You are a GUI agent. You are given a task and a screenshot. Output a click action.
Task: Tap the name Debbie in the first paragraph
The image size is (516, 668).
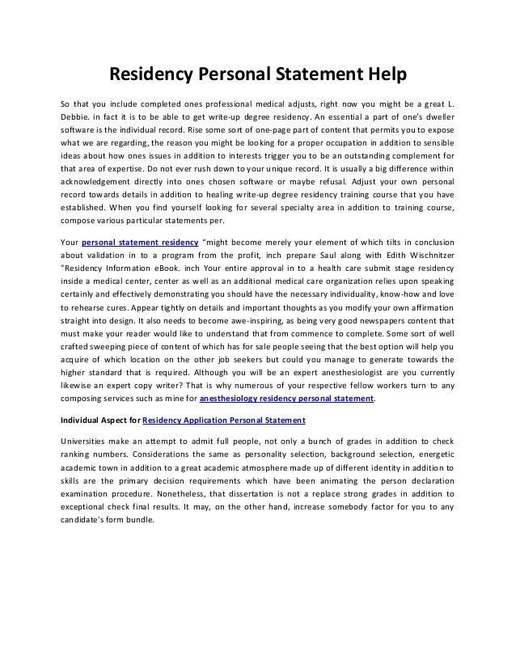78,120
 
